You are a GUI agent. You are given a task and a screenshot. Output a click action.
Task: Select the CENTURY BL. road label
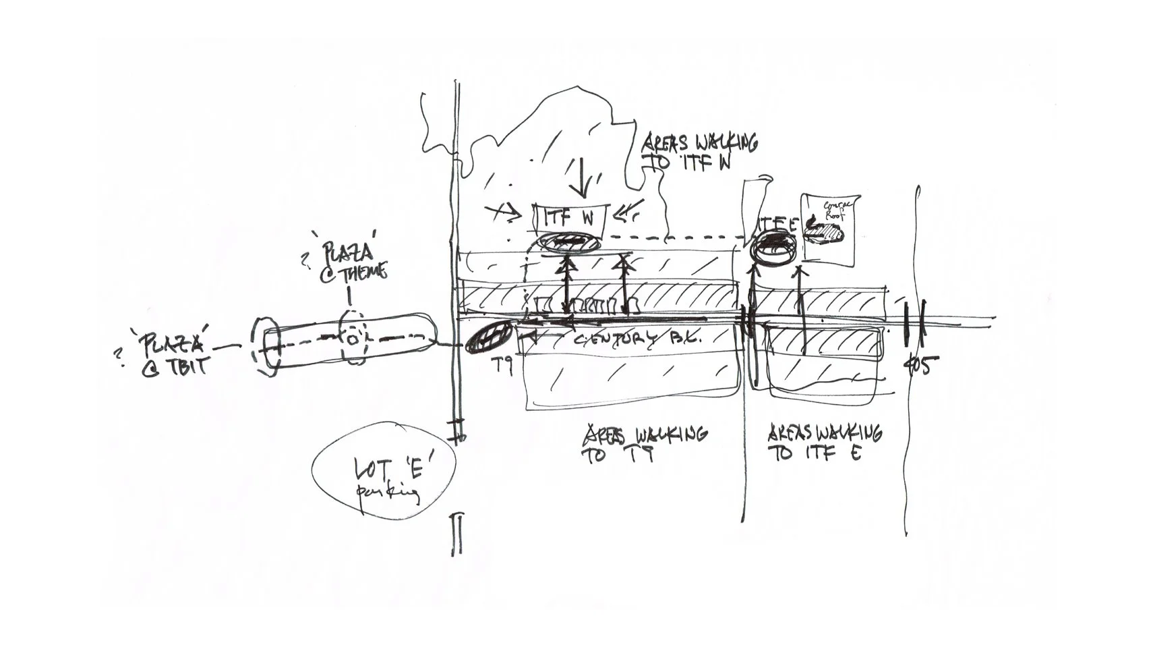pos(637,339)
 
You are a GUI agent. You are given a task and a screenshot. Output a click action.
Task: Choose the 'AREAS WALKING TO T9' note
pos(644,444)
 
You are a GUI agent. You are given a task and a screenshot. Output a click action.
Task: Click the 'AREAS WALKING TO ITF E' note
pos(824,442)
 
